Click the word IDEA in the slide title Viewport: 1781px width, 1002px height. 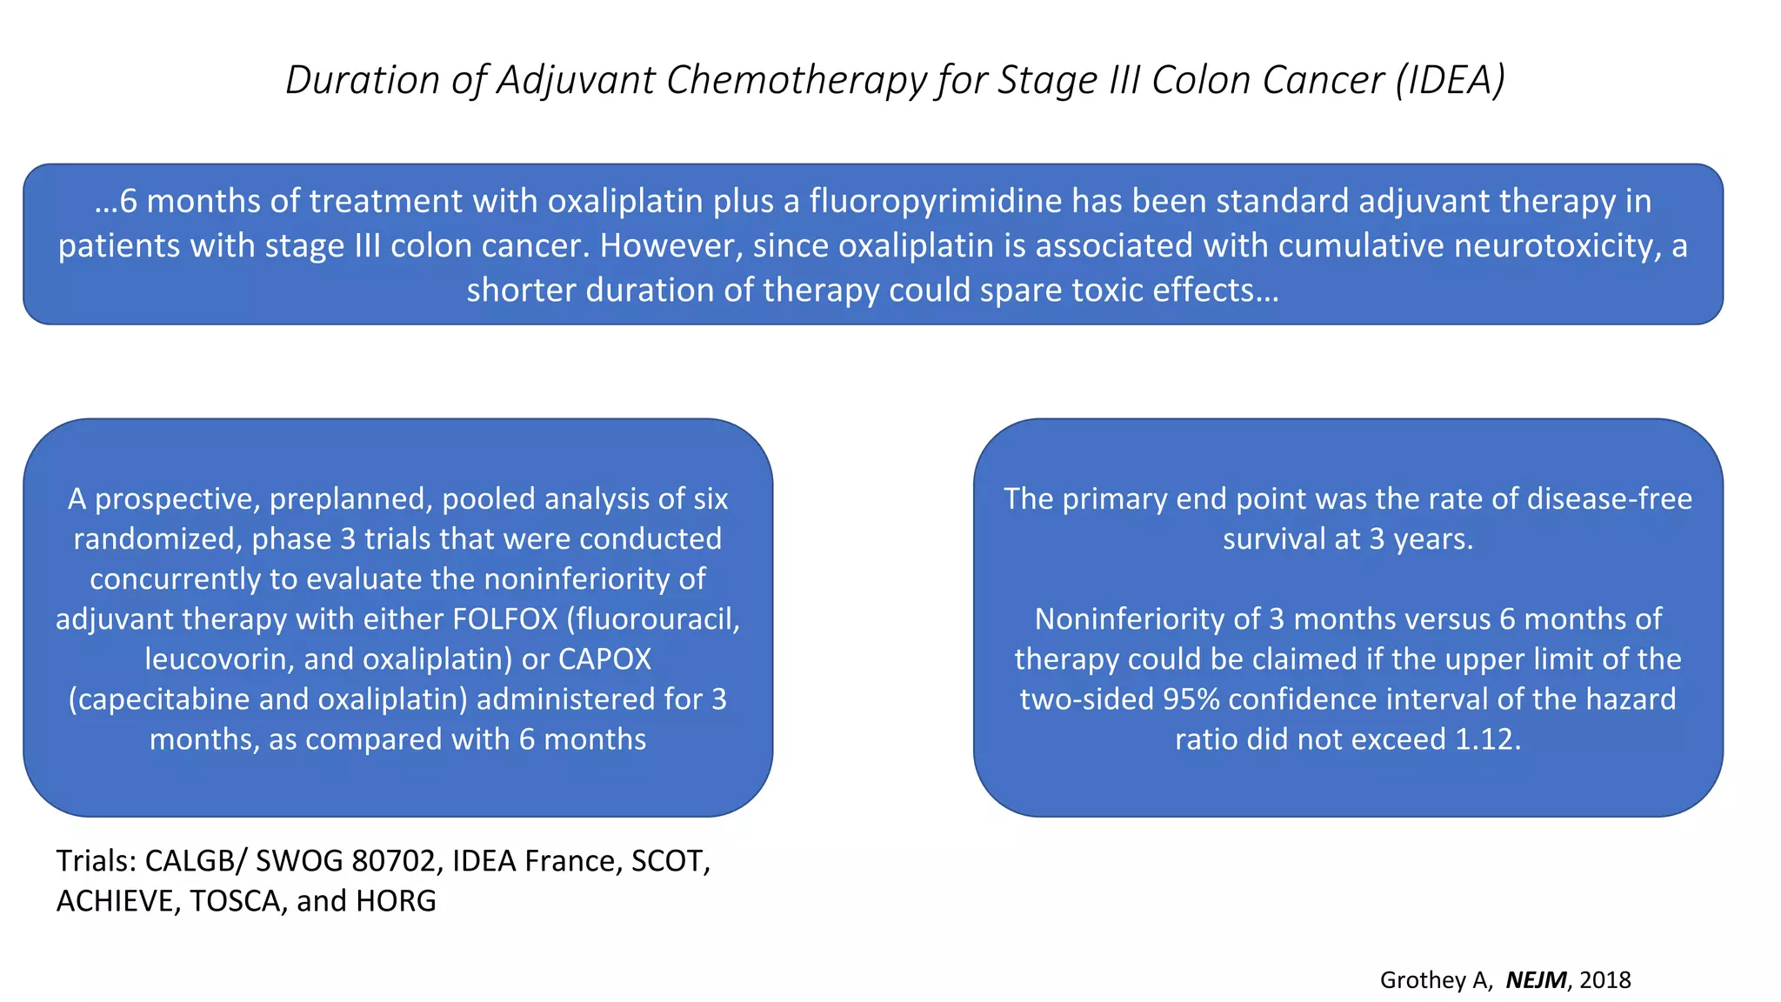pyautogui.click(x=1451, y=80)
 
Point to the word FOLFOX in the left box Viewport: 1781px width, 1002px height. pyautogui.click(x=504, y=619)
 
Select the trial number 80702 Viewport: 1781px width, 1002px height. pyautogui.click(x=393, y=861)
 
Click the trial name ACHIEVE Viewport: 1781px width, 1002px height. pyautogui.click(x=118, y=901)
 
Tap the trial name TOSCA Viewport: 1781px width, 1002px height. pyautogui.click(x=237, y=901)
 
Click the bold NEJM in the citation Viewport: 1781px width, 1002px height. pyautogui.click(x=1536, y=980)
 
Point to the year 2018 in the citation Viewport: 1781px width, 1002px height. pyautogui.click(x=1605, y=980)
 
